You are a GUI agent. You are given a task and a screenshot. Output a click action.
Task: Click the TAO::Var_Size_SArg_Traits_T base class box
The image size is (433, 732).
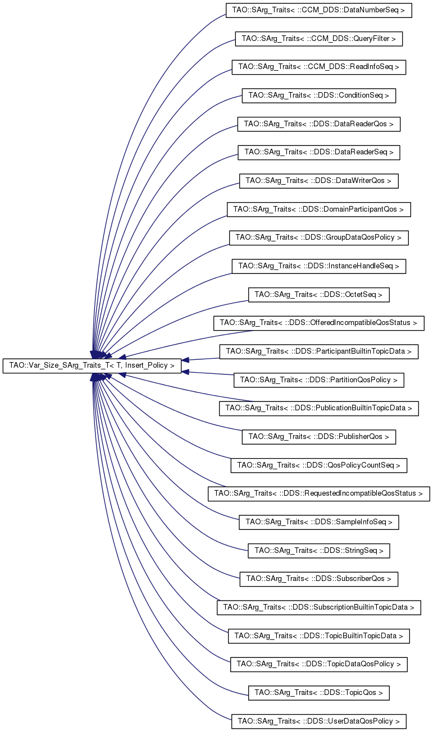click(x=92, y=366)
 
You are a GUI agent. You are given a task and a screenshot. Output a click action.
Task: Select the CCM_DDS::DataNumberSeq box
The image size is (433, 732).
click(x=318, y=10)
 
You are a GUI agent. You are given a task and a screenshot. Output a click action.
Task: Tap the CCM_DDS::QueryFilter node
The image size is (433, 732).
click(x=318, y=39)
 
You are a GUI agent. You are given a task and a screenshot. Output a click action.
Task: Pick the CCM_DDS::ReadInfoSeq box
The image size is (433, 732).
click(x=318, y=67)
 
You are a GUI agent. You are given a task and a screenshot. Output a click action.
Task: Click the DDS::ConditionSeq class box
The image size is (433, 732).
click(x=318, y=95)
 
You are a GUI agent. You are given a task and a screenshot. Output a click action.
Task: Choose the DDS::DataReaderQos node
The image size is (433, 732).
click(x=318, y=123)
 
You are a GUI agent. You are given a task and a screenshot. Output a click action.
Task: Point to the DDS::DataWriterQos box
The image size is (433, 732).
click(x=318, y=181)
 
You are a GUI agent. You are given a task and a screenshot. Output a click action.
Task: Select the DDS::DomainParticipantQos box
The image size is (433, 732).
click(x=318, y=209)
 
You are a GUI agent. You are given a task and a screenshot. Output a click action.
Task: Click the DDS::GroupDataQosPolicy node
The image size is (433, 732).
click(x=318, y=237)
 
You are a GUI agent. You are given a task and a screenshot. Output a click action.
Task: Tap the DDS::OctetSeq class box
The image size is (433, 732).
click(x=318, y=294)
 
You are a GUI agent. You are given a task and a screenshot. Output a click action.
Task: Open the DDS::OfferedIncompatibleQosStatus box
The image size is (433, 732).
click(x=318, y=323)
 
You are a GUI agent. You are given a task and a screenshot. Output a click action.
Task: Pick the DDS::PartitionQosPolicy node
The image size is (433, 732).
click(x=318, y=380)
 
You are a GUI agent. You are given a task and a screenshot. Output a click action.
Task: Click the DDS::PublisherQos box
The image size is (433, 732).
click(x=318, y=437)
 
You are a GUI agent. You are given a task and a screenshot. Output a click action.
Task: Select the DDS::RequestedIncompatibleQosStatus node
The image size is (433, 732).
click(x=318, y=493)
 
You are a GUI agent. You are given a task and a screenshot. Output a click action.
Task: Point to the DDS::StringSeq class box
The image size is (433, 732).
click(x=318, y=551)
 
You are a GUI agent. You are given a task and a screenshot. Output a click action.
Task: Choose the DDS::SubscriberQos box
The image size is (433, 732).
click(x=318, y=579)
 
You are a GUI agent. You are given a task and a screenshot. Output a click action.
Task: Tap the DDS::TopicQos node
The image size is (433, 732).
click(x=318, y=693)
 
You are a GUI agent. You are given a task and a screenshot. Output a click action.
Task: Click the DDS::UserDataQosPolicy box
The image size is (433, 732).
click(x=318, y=721)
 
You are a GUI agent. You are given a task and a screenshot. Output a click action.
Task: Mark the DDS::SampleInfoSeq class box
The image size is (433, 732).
click(x=318, y=522)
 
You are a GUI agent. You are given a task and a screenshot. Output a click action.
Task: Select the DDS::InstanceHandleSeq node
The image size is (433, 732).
click(x=318, y=266)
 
